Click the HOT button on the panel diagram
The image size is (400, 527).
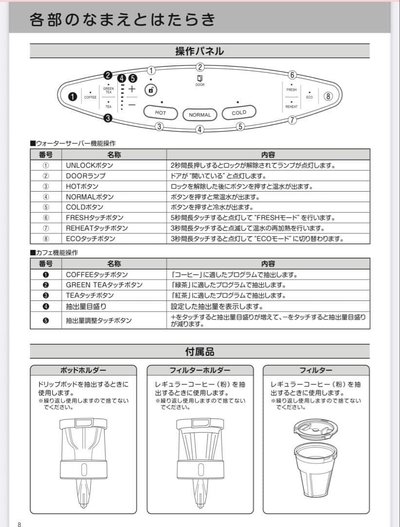click(x=160, y=113)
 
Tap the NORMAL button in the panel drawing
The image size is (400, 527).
click(x=200, y=115)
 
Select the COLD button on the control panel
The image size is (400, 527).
click(x=239, y=113)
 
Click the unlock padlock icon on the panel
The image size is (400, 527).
click(x=151, y=90)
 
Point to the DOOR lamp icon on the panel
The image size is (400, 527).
click(x=200, y=79)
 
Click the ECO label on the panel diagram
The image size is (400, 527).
click(x=309, y=97)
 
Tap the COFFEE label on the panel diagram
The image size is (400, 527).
click(x=91, y=97)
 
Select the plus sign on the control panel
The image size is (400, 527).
click(x=132, y=89)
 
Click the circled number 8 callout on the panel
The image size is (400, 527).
click(x=328, y=96)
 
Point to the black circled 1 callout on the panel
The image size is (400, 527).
click(x=73, y=97)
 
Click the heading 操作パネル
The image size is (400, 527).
click(x=200, y=51)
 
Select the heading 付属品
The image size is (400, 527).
click(x=200, y=351)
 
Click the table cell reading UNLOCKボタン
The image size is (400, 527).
click(x=89, y=165)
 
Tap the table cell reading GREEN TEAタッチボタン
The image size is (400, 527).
click(x=104, y=285)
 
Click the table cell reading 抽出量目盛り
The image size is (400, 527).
click(x=86, y=306)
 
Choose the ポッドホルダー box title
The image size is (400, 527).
click(x=83, y=370)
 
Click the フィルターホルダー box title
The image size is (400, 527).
click(x=200, y=370)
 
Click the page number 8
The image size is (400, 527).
click(x=19, y=524)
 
